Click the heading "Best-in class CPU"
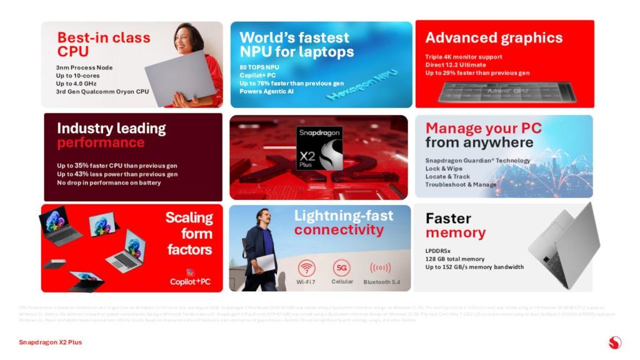(103, 44)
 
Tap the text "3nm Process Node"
(84, 67)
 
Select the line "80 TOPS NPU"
(260, 67)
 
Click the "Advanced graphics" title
(494, 37)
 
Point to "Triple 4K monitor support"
(464, 57)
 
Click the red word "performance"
(100, 143)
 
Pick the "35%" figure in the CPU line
(85, 166)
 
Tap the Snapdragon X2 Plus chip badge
(319, 148)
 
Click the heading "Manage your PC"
(483, 129)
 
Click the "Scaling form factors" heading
(189, 234)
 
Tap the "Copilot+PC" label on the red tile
(191, 281)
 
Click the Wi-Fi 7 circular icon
(306, 268)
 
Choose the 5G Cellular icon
(342, 268)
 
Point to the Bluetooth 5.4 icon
(380, 268)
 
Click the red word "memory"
(455, 233)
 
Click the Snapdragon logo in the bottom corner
(614, 342)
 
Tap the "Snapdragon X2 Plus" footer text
(50, 342)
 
